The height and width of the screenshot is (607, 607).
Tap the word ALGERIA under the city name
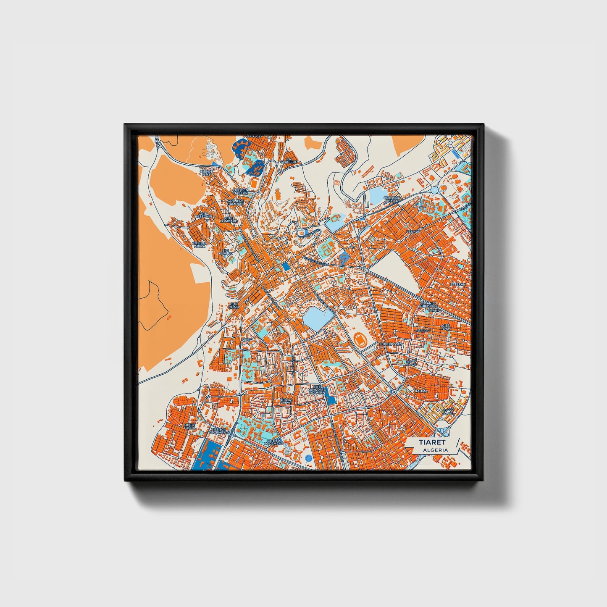click(435, 450)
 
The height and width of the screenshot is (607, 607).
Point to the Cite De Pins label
click(207, 172)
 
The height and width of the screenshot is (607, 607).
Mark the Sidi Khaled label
click(226, 251)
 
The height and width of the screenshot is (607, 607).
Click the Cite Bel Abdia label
click(199, 244)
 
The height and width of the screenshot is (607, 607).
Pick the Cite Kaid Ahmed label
click(392, 199)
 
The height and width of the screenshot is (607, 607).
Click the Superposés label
click(390, 344)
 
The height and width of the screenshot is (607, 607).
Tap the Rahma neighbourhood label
click(420, 391)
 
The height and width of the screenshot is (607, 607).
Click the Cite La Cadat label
click(286, 401)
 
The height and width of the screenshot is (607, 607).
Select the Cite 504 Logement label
click(219, 431)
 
